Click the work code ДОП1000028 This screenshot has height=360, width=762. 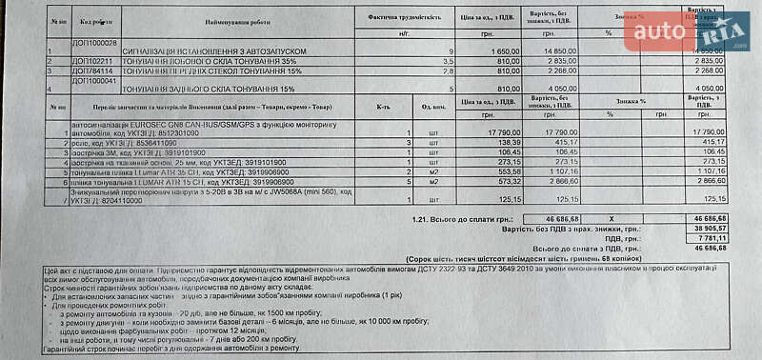click(94, 43)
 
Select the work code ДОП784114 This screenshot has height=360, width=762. click(91, 69)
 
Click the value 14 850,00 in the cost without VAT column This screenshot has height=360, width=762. click(556, 50)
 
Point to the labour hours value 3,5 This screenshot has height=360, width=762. click(449, 60)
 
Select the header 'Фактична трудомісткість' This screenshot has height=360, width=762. click(404, 18)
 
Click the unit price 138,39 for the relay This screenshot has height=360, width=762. click(506, 142)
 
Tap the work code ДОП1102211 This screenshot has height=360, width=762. click(93, 60)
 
